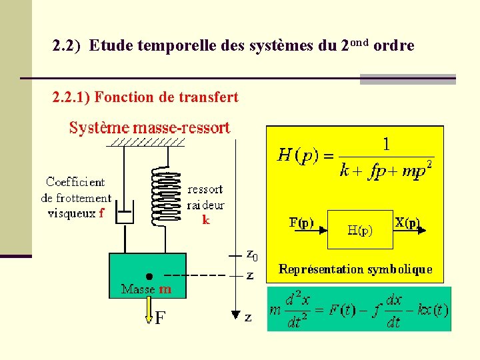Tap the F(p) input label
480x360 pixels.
pyautogui.click(x=301, y=223)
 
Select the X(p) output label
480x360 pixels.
pyautogui.click(x=407, y=223)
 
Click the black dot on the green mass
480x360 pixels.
pyautogui.click(x=149, y=275)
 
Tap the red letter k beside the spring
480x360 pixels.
pyautogui.click(x=206, y=218)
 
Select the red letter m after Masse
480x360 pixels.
pyautogui.click(x=165, y=289)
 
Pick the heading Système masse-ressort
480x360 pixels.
pyautogui.click(x=150, y=127)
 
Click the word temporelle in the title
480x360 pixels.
pyautogui.click(x=146, y=46)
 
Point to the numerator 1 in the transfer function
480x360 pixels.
pyautogui.click(x=386, y=144)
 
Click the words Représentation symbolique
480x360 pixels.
pyautogui.click(x=355, y=269)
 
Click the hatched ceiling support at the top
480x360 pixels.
pyautogui.click(x=148, y=142)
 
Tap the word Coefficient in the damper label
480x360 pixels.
pyautogui.click(x=75, y=181)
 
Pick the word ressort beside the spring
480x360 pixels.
pyautogui.click(x=205, y=189)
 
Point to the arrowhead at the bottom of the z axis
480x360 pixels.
pyautogui.click(x=235, y=313)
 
